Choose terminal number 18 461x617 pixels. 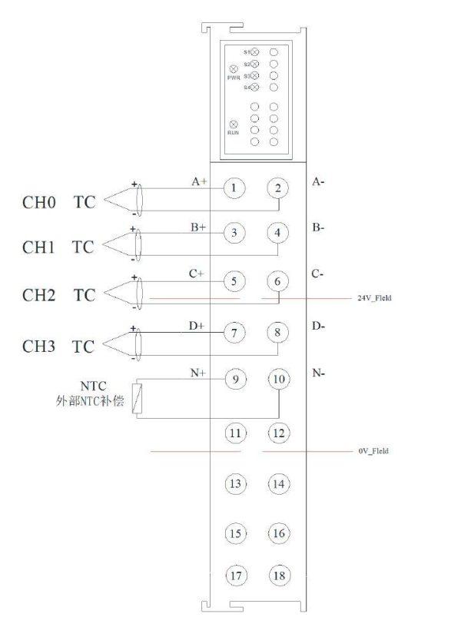[x=279, y=576]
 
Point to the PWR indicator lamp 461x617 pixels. [x=233, y=69]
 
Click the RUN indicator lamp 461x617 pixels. [x=234, y=124]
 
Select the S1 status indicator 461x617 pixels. [x=255, y=51]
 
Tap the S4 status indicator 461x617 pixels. [x=255, y=88]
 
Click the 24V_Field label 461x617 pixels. [x=374, y=297]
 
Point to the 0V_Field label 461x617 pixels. [x=373, y=450]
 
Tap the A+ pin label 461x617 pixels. [x=199, y=182]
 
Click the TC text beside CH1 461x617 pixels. [x=83, y=247]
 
